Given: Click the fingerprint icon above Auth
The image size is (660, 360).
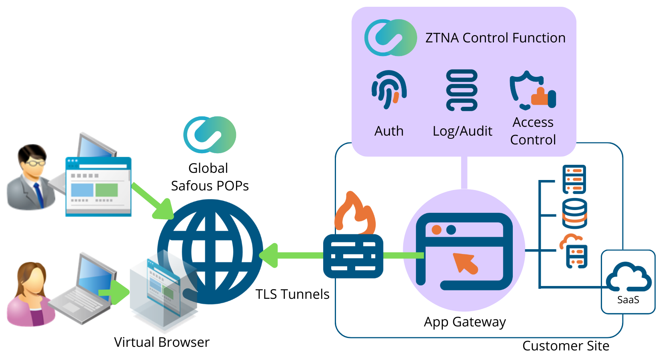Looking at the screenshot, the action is click(389, 90).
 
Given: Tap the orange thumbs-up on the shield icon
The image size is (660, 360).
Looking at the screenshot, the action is click(540, 97).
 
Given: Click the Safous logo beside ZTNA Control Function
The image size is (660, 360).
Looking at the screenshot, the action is click(391, 38).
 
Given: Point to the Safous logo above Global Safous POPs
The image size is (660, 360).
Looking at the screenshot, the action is click(210, 135).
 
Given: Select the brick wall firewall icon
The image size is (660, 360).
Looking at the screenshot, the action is click(353, 256).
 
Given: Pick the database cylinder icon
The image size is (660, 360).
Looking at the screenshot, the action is click(574, 214).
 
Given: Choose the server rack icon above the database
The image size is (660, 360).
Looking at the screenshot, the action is click(574, 180).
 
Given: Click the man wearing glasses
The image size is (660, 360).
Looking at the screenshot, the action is click(30, 177).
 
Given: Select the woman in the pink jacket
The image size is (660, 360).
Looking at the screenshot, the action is click(30, 294).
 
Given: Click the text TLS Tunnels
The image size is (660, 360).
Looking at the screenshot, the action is click(292, 294).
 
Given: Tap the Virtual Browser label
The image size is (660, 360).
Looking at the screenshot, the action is click(162, 342).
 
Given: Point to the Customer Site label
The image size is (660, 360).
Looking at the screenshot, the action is click(566, 346).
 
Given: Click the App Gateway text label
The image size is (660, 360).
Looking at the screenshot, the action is click(465, 322).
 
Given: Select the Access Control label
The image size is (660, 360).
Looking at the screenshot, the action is click(533, 131).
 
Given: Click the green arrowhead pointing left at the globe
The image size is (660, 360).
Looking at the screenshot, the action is click(269, 256).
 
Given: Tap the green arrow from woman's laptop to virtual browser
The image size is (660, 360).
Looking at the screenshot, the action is click(114, 292).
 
